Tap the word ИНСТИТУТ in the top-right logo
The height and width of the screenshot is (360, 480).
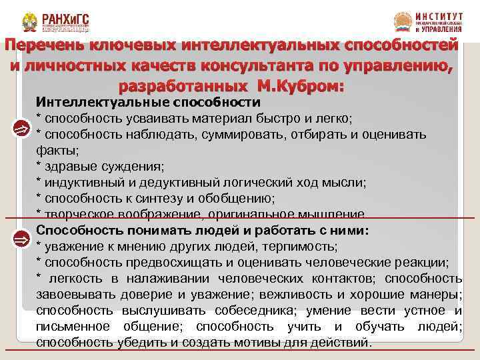point(437,15)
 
